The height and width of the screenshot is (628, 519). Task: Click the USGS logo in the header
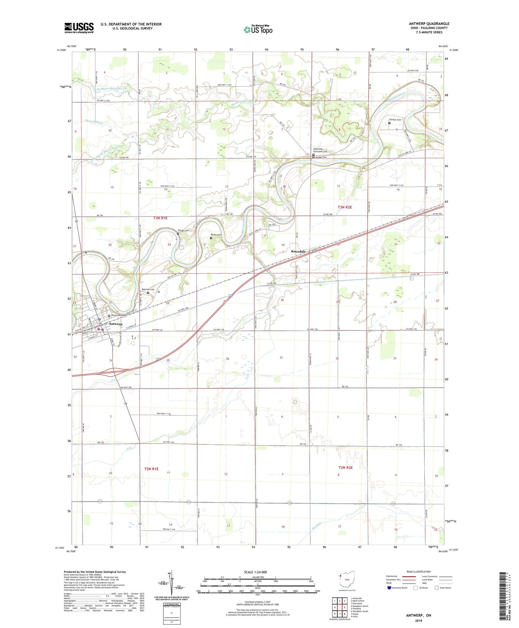tap(79, 28)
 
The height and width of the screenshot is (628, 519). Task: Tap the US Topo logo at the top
tap(258, 29)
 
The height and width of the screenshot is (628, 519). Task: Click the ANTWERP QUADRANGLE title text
tap(429, 24)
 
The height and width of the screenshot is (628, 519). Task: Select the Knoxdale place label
tap(298, 251)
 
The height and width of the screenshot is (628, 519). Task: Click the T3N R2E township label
tap(345, 207)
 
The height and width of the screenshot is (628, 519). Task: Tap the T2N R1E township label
tap(151, 469)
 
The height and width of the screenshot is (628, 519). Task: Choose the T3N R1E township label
tap(160, 218)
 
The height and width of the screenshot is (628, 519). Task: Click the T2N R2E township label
tap(345, 468)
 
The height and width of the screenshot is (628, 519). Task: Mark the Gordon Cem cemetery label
tap(394, 120)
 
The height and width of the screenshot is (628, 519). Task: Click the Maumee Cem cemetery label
tap(148, 290)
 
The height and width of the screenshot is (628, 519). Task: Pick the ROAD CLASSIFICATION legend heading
tap(419, 572)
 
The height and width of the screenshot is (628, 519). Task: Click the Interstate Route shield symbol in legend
tap(389, 588)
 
